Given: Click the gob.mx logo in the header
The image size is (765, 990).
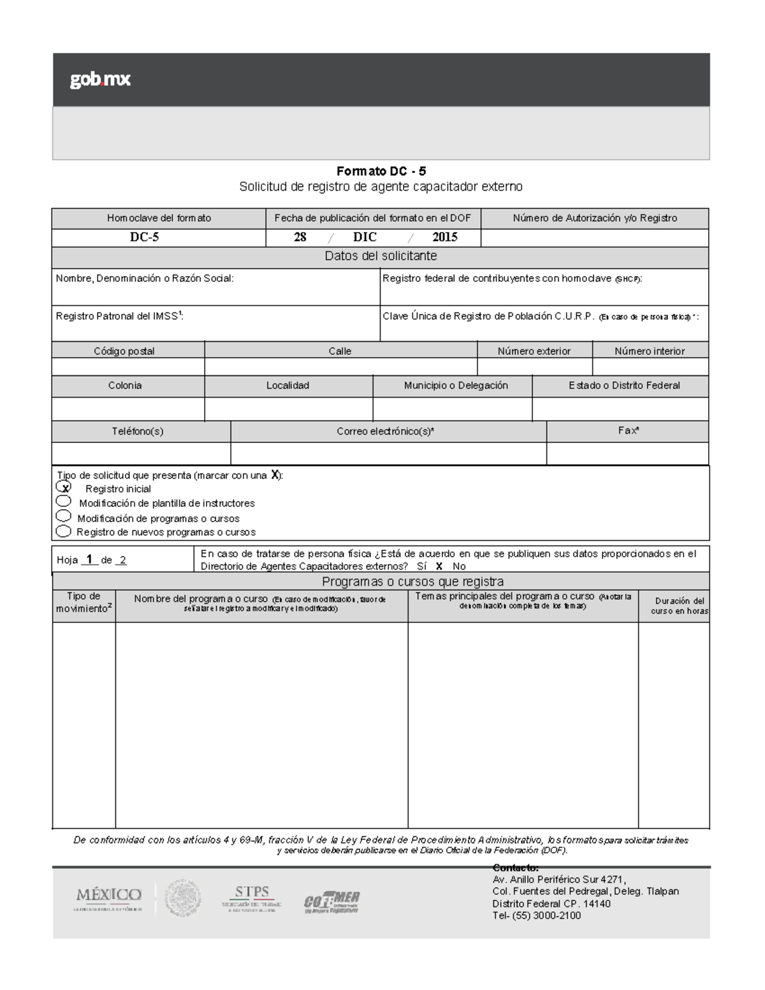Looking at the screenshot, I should [x=100, y=80].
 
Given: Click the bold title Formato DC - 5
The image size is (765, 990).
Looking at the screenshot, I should [x=381, y=171].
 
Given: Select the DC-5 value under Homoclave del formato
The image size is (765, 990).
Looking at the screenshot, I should [x=145, y=237].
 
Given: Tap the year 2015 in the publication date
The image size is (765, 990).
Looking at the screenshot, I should [x=444, y=237].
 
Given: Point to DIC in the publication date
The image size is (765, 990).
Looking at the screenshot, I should [x=365, y=237].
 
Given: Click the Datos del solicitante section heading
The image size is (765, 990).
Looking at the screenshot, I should [x=381, y=256].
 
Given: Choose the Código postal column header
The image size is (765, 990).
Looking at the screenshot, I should [x=124, y=351].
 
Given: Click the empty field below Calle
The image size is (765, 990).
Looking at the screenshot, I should [x=340, y=367].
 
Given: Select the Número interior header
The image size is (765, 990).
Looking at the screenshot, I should [x=650, y=351].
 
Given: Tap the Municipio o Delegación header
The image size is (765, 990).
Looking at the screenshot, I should [x=456, y=386].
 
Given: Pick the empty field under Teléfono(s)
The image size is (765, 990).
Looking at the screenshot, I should [x=141, y=453].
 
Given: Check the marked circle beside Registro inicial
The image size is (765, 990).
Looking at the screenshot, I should [x=64, y=487].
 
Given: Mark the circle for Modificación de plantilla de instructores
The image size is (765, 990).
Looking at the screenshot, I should [x=64, y=502].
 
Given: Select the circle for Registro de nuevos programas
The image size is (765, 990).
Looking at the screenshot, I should [x=63, y=531].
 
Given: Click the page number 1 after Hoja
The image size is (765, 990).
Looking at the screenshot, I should [x=89, y=559].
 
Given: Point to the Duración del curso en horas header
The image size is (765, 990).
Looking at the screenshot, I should [x=679, y=606].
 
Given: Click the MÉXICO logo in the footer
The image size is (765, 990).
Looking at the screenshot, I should [x=108, y=898].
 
